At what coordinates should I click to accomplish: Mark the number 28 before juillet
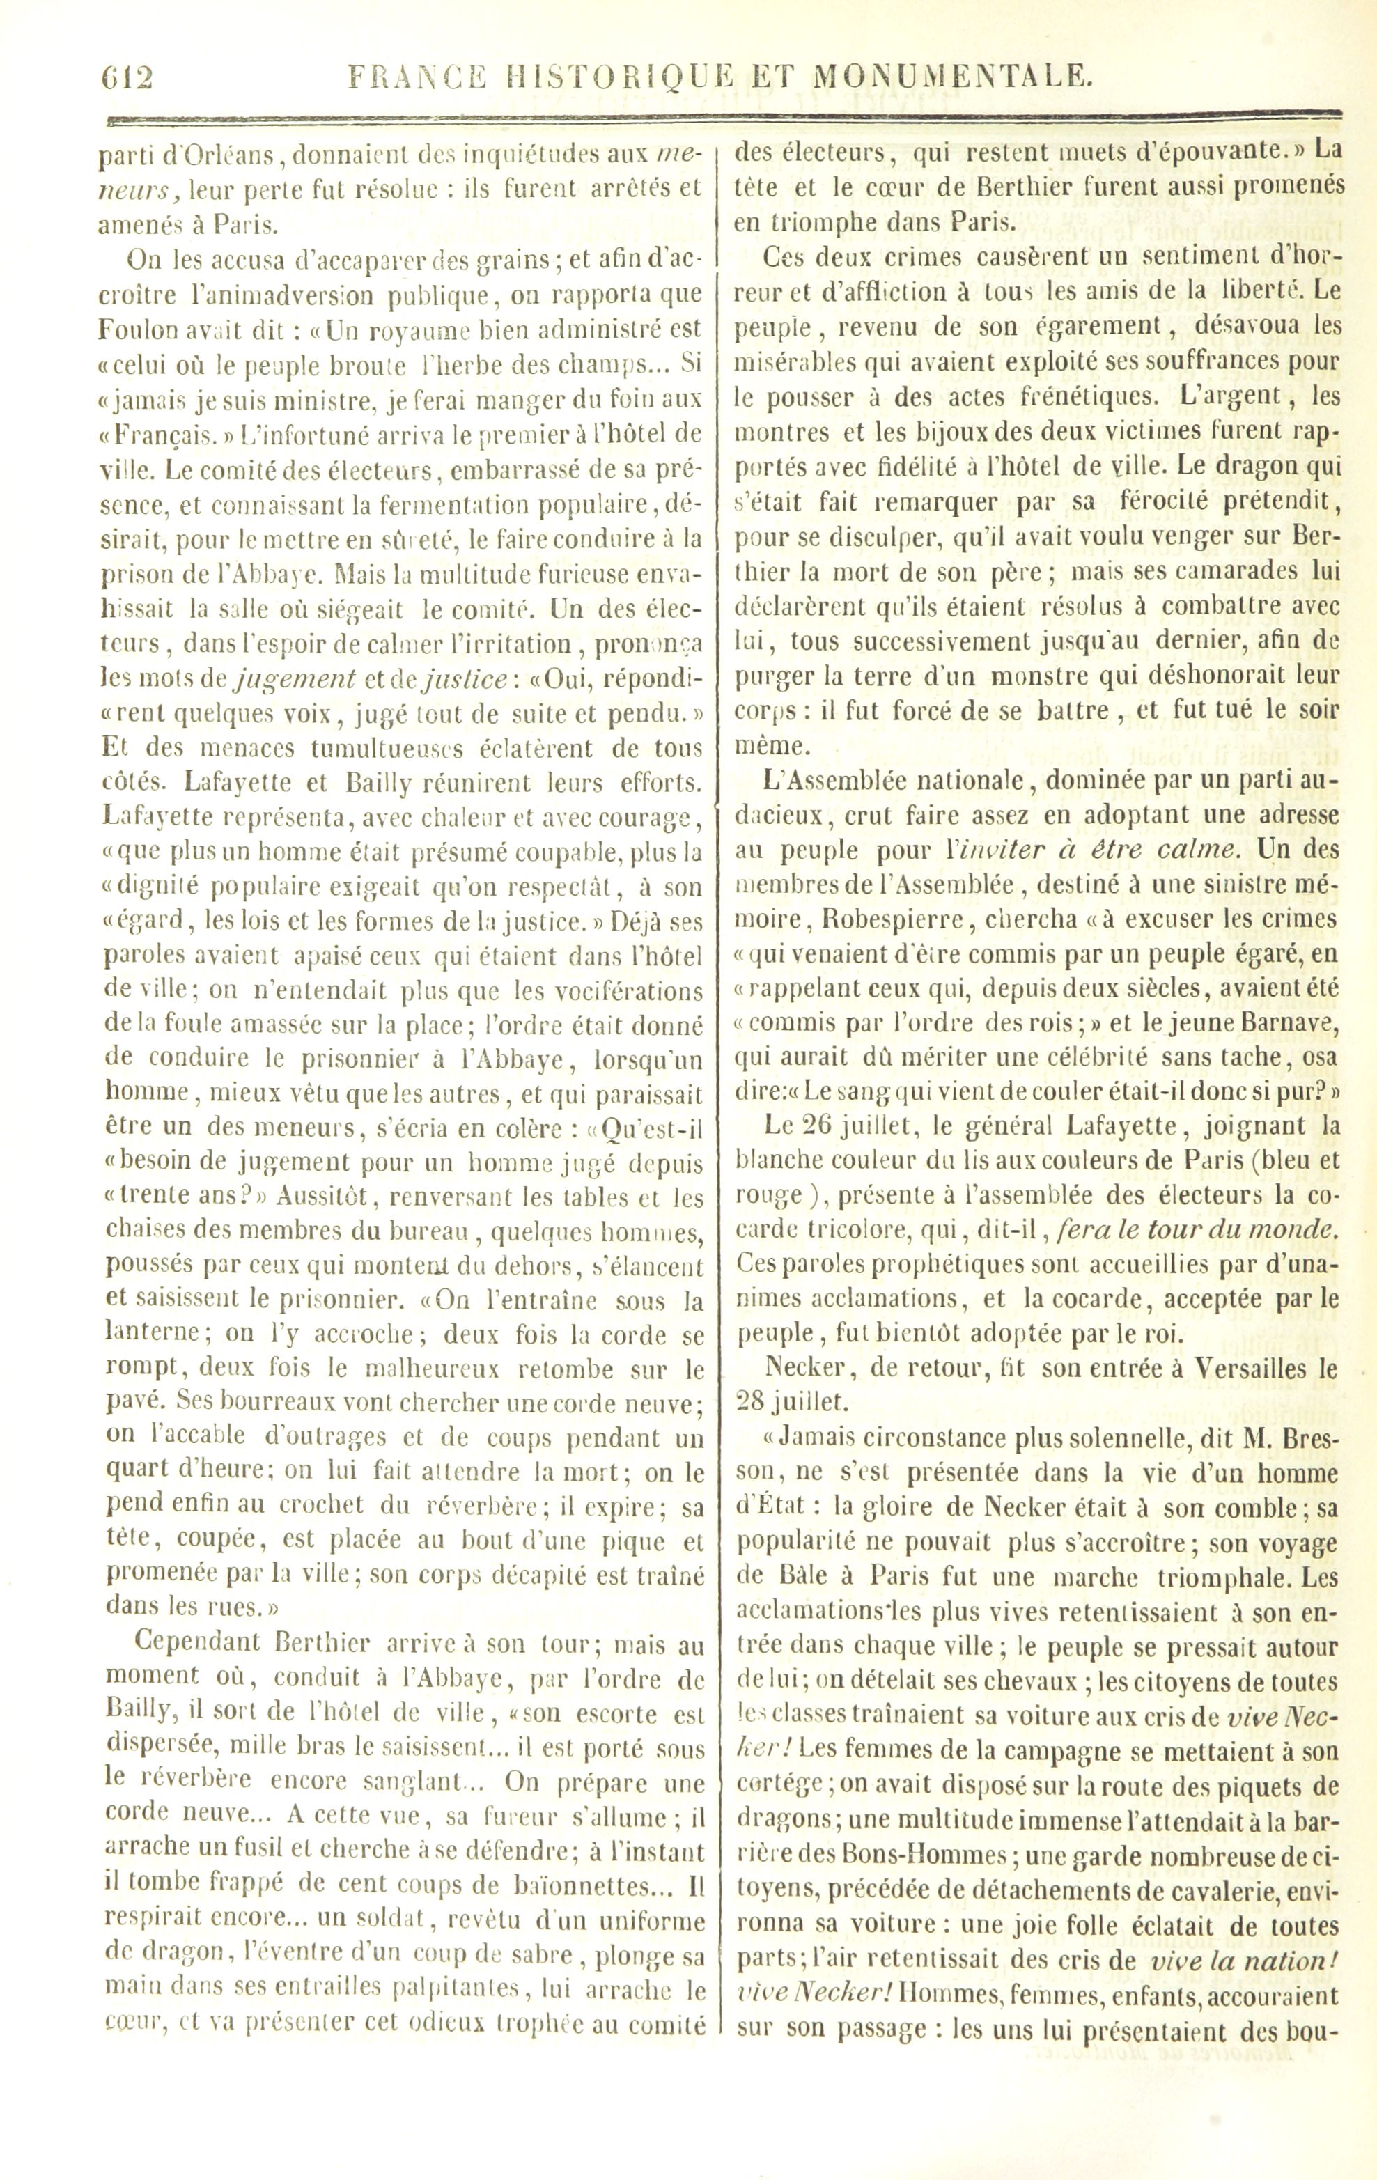pos(752,1401)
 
